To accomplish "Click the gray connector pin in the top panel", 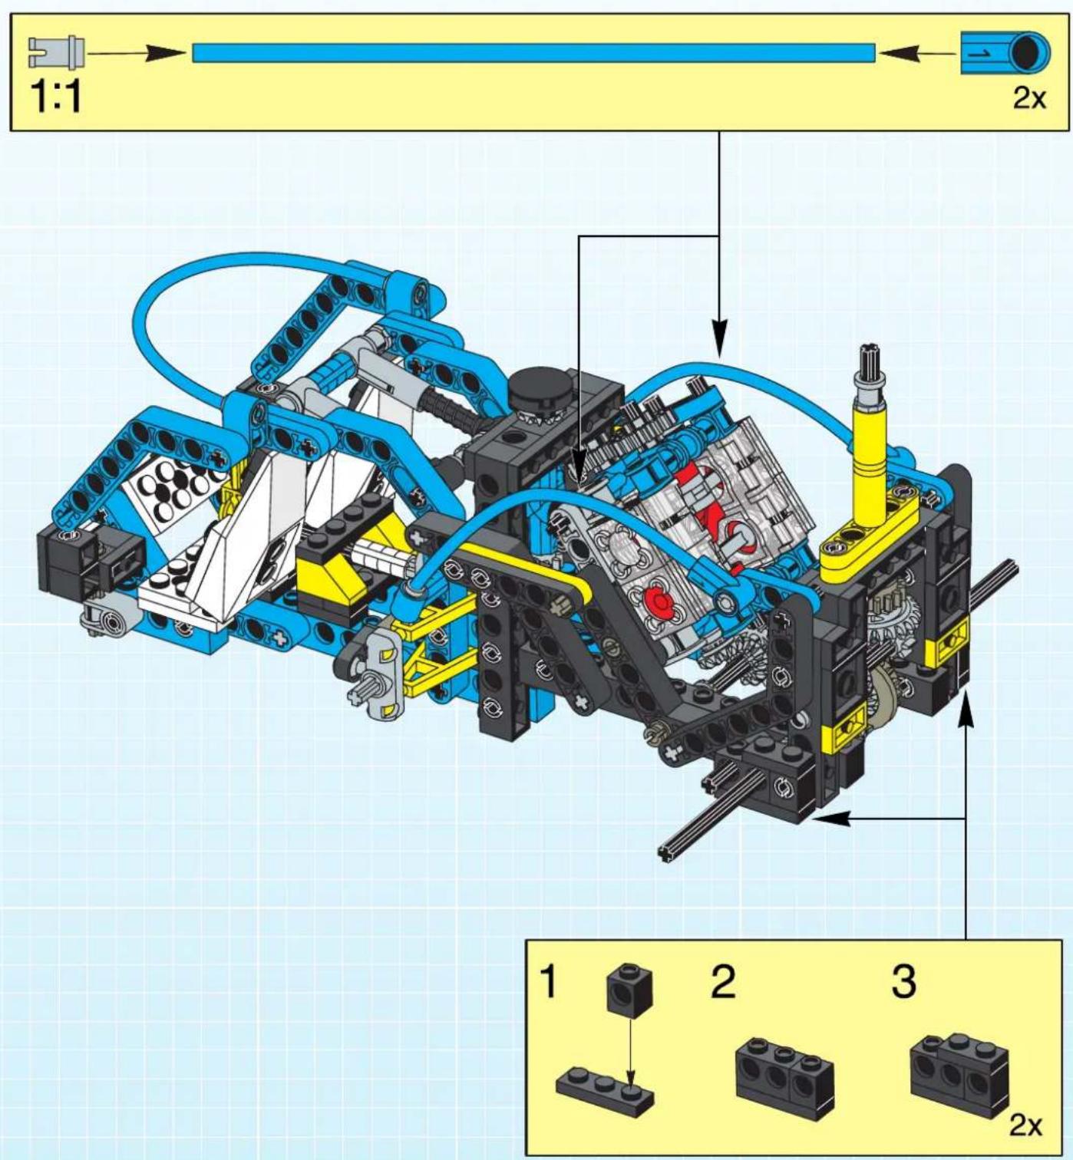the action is click(56, 53).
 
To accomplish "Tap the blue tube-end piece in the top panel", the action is click(1005, 53).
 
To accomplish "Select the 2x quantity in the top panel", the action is click(1029, 97).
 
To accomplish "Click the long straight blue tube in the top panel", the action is click(534, 53).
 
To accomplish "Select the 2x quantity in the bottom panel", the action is click(1026, 1125).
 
